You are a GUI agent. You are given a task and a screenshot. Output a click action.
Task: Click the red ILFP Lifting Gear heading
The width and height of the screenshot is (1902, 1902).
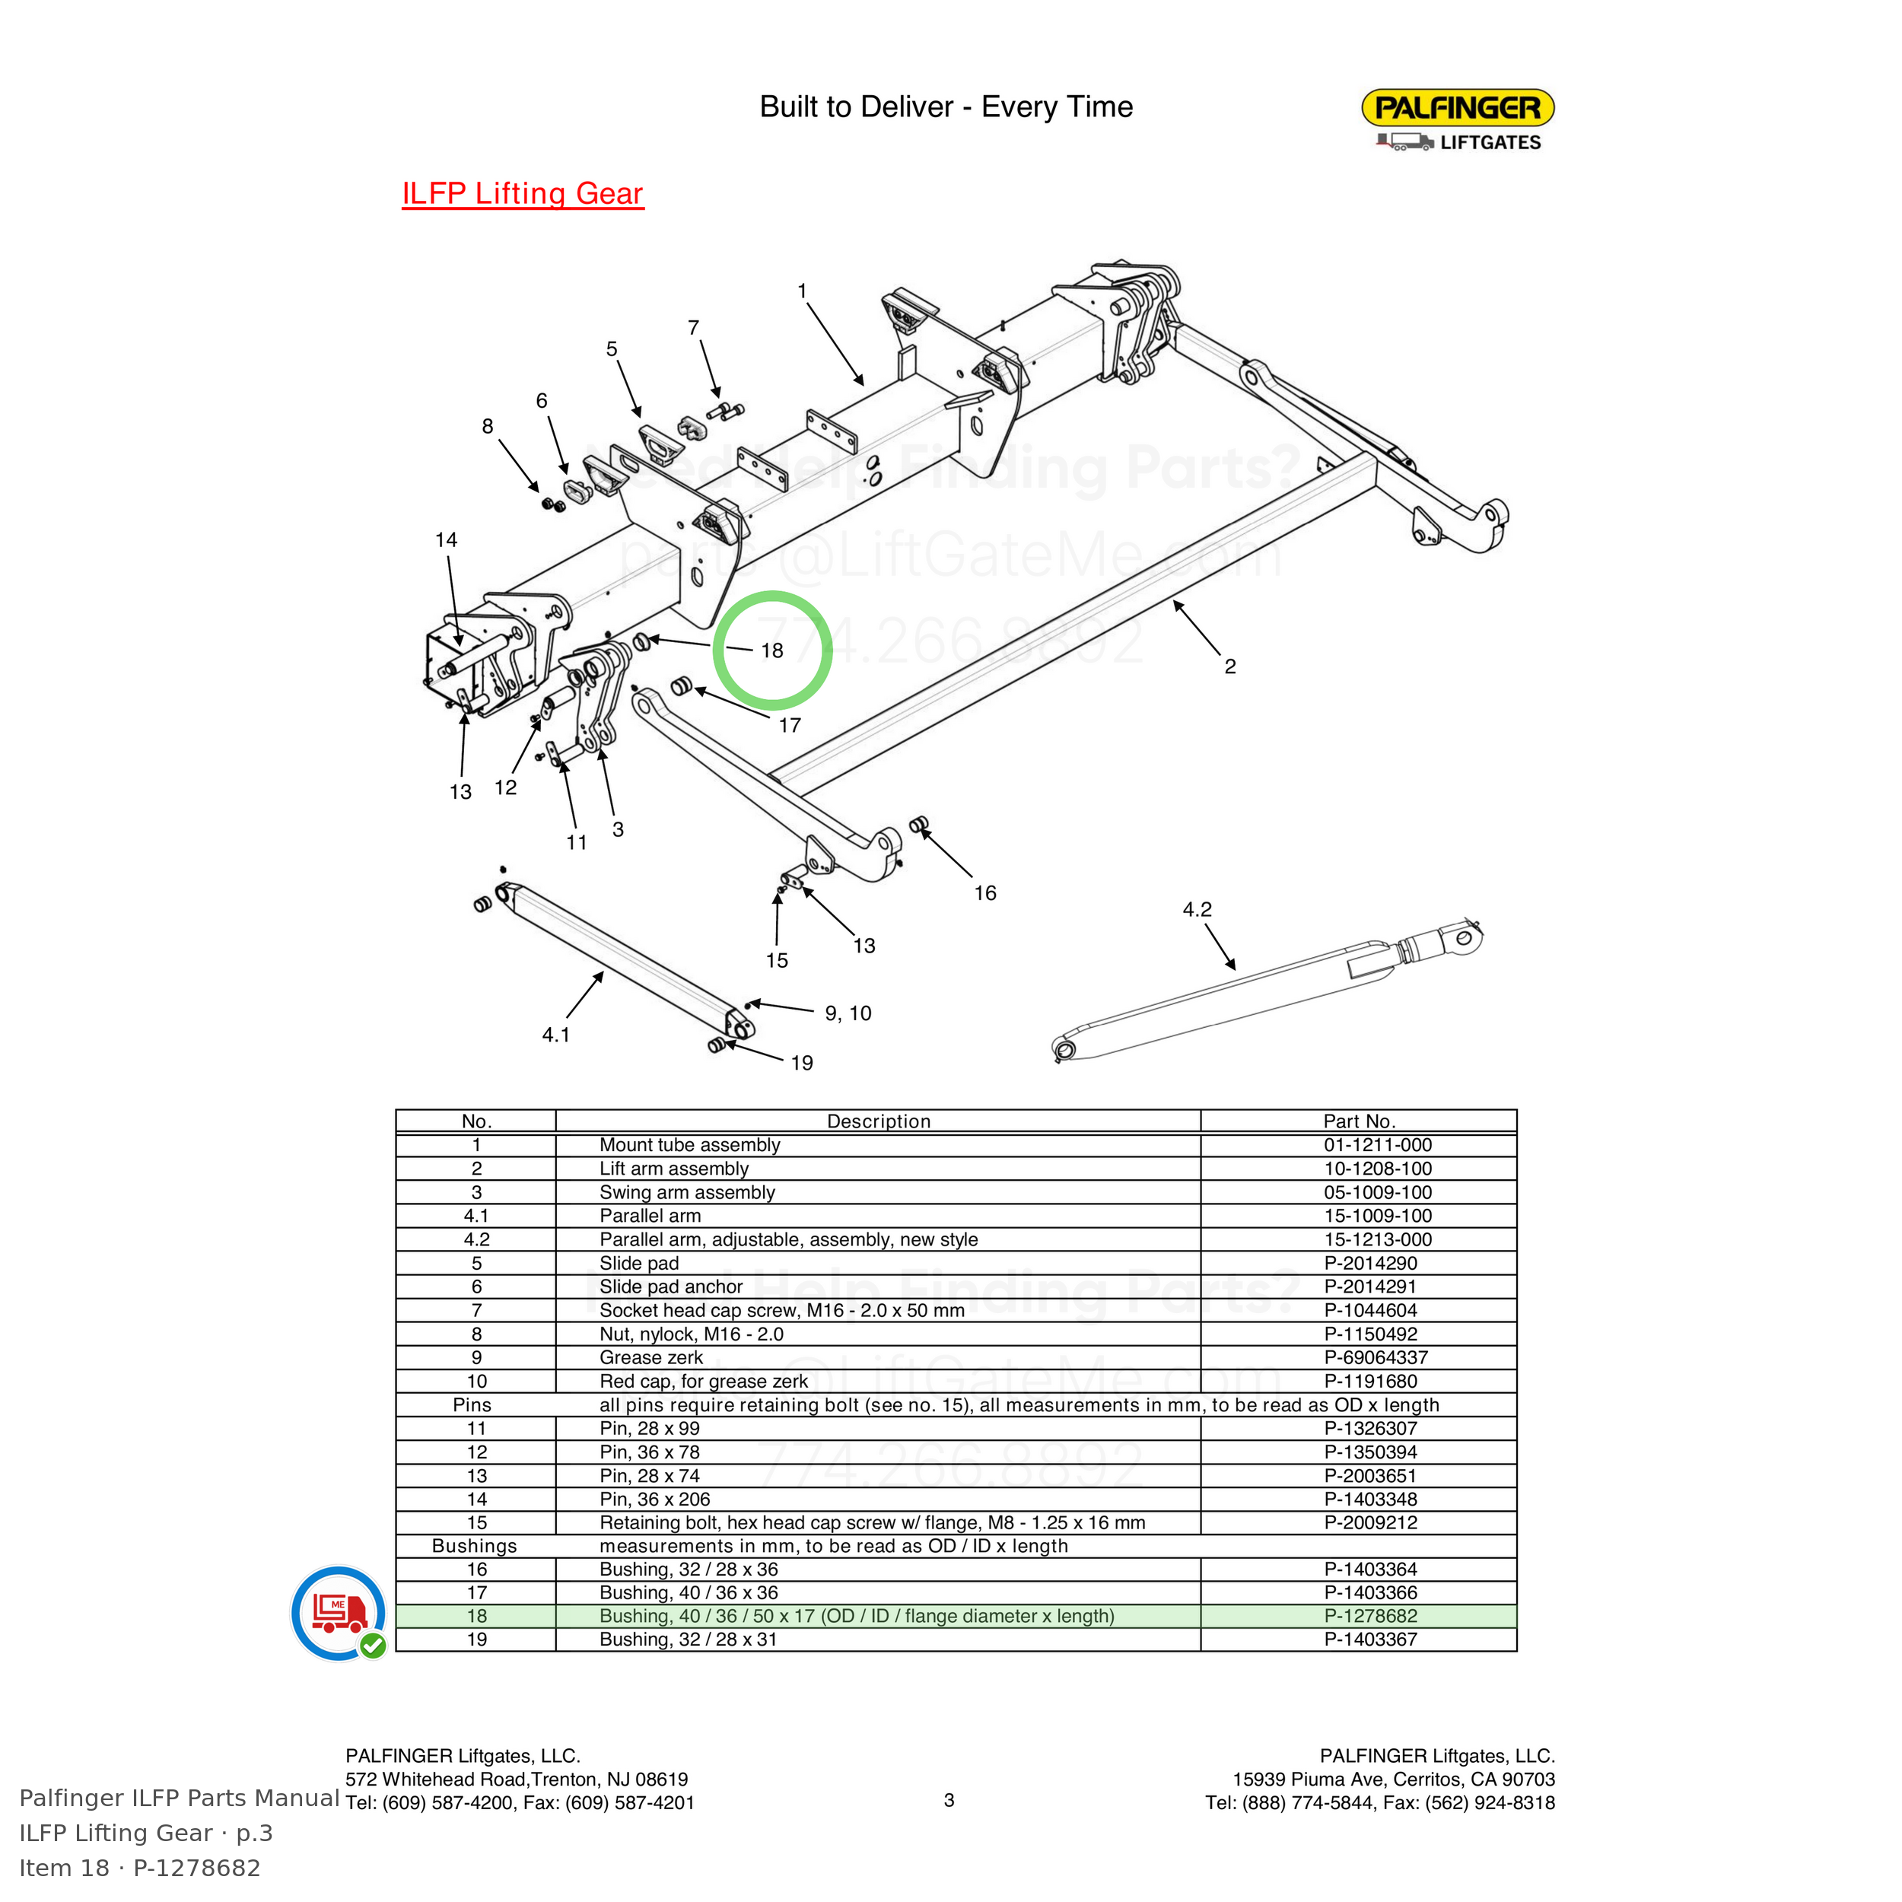523,193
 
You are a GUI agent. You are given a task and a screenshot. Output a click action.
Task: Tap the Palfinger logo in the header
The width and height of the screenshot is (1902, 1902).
1457,120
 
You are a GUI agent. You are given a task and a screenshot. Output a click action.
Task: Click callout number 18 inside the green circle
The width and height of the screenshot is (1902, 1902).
771,650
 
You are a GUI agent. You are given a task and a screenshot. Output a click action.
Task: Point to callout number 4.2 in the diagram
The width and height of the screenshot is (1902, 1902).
1197,910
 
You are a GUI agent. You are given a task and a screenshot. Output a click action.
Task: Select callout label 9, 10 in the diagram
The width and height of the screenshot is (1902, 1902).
848,1013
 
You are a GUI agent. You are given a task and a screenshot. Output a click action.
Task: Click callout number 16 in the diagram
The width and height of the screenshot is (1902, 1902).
985,893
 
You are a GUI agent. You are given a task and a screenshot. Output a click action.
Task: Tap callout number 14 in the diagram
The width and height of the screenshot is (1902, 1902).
446,539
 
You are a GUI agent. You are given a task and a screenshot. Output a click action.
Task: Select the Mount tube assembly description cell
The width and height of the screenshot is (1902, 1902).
689,1145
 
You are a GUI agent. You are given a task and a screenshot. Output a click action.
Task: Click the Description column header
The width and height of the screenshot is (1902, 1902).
878,1121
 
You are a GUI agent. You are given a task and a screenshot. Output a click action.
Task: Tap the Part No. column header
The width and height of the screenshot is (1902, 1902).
1359,1121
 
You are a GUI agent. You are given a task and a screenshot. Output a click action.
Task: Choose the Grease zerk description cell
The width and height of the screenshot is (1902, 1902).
650,1357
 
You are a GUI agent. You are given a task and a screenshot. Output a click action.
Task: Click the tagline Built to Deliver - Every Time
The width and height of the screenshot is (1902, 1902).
946,107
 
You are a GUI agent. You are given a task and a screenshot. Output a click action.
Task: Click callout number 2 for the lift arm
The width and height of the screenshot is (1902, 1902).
1229,666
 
